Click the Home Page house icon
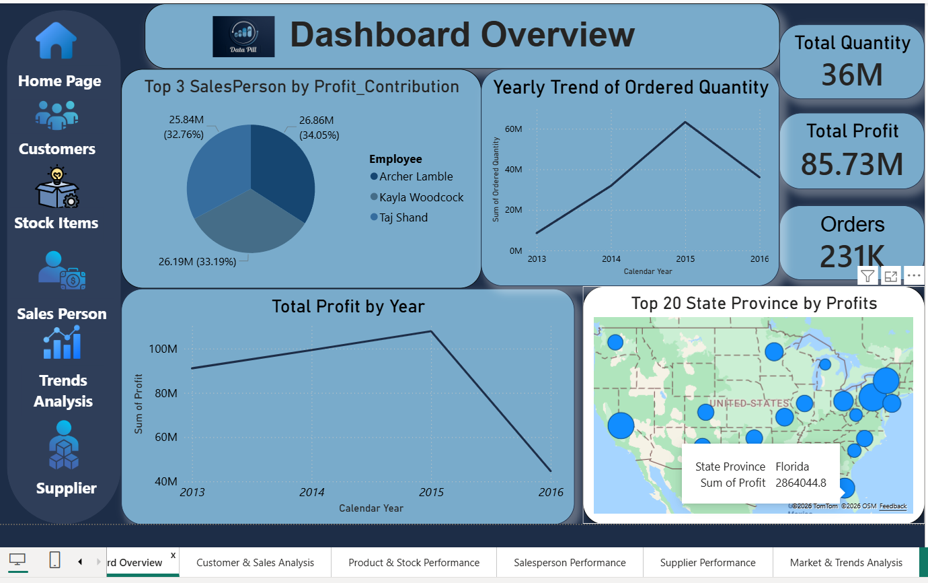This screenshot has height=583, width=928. tap(56, 40)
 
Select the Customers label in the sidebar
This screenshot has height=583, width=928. tap(57, 149)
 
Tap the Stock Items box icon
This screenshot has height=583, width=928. tap(57, 188)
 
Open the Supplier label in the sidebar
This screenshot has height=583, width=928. tap(66, 488)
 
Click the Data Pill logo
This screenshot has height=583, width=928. tap(243, 36)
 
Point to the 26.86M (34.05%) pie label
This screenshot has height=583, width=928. tap(319, 127)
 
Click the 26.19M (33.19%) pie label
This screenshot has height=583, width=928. tap(197, 262)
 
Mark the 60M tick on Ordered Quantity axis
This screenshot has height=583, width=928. tap(514, 129)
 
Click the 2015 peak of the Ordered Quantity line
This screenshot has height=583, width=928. tap(685, 122)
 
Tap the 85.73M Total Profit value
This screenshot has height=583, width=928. tap(852, 164)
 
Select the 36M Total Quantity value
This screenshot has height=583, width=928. tap(852, 74)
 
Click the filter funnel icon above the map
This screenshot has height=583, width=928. tap(867, 275)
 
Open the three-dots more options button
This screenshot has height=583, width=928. tap(913, 275)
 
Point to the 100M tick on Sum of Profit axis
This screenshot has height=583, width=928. tap(161, 349)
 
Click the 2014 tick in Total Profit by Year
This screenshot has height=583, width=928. tap(311, 492)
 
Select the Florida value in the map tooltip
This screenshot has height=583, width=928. tap(792, 467)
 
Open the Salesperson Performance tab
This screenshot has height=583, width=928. tap(570, 562)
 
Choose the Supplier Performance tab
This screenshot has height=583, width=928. tap(707, 562)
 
